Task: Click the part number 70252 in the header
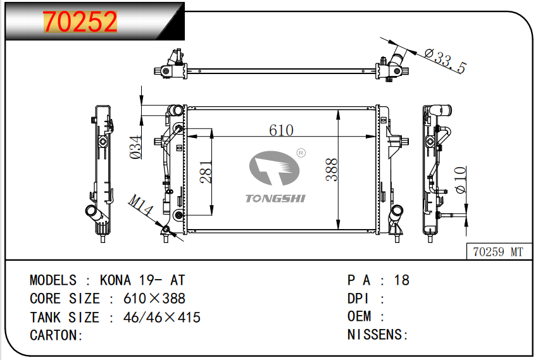click(80, 22)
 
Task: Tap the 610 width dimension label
click(281, 130)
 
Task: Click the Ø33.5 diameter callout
click(445, 61)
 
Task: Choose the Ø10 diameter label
click(460, 179)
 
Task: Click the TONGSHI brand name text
click(275, 199)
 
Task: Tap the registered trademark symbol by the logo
click(301, 152)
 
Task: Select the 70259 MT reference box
click(498, 252)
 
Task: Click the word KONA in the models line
click(115, 280)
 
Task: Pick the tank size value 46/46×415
click(161, 317)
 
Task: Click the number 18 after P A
click(401, 280)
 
